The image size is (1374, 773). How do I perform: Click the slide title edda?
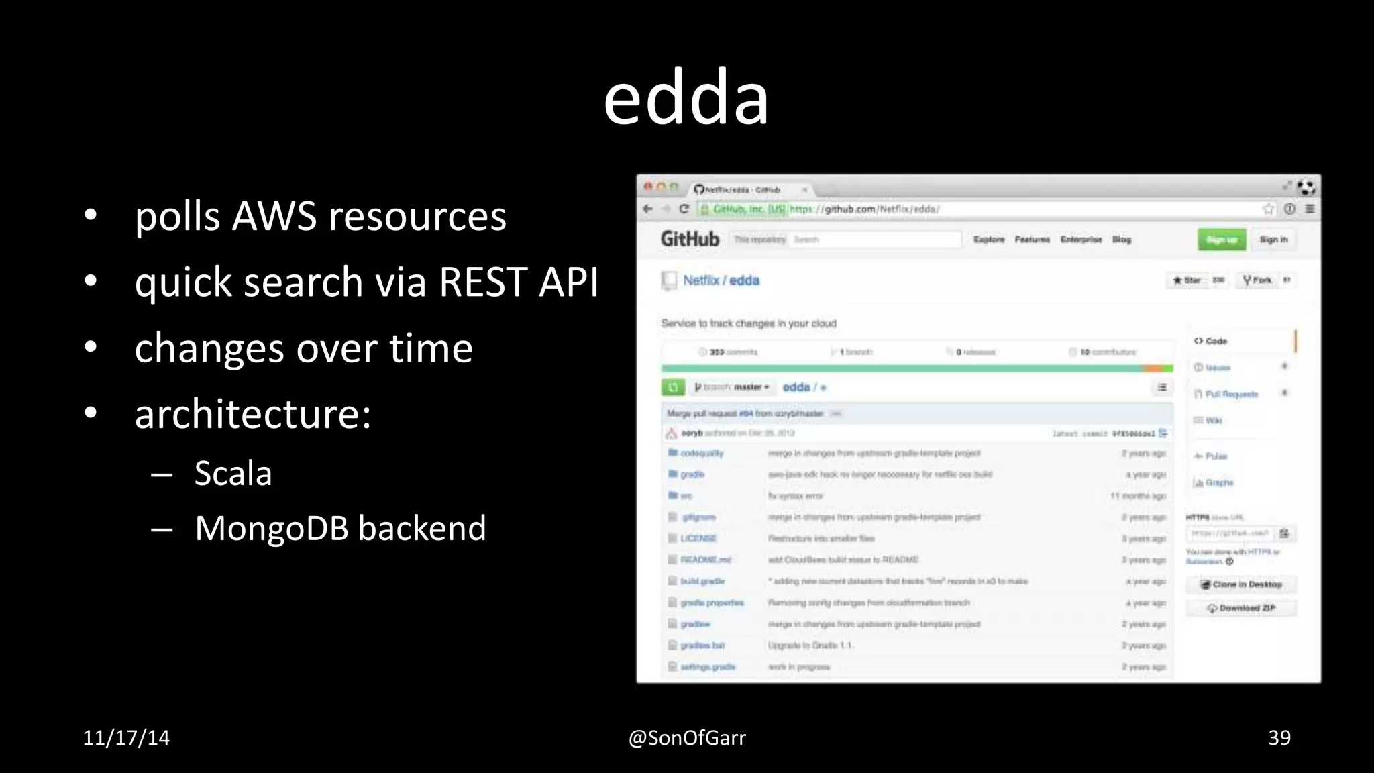pos(686,99)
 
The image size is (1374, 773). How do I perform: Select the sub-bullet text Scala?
pos(233,474)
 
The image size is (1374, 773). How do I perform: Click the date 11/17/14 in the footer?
pos(126,738)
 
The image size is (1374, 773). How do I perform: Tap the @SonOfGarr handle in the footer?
pos(686,738)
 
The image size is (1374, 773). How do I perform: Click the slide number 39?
pos(1279,738)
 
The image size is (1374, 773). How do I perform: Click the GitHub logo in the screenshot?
pos(689,239)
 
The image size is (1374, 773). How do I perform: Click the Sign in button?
pos(1273,240)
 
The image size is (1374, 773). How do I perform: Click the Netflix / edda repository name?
pos(721,280)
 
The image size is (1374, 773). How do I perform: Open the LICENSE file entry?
pos(698,538)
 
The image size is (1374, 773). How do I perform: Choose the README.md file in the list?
pos(705,560)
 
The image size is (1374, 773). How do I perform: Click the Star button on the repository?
pos(1187,280)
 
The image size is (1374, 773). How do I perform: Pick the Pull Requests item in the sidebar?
pos(1230,394)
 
